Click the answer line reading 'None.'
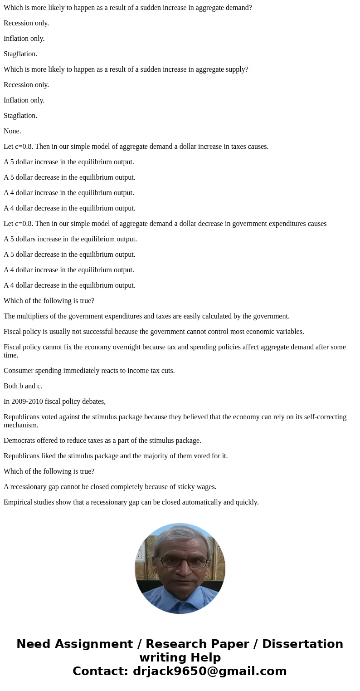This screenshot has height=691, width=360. pyautogui.click(x=12, y=131)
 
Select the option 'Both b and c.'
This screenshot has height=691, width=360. pyautogui.click(x=23, y=386)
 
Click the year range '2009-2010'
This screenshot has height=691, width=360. pyautogui.click(x=27, y=402)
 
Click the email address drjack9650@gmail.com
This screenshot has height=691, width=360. pyautogui.click(x=209, y=671)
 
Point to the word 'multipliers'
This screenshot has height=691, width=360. pyautogui.click(x=34, y=316)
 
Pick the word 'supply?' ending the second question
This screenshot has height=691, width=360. pyautogui.click(x=236, y=69)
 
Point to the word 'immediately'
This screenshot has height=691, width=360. pyautogui.click(x=90, y=371)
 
